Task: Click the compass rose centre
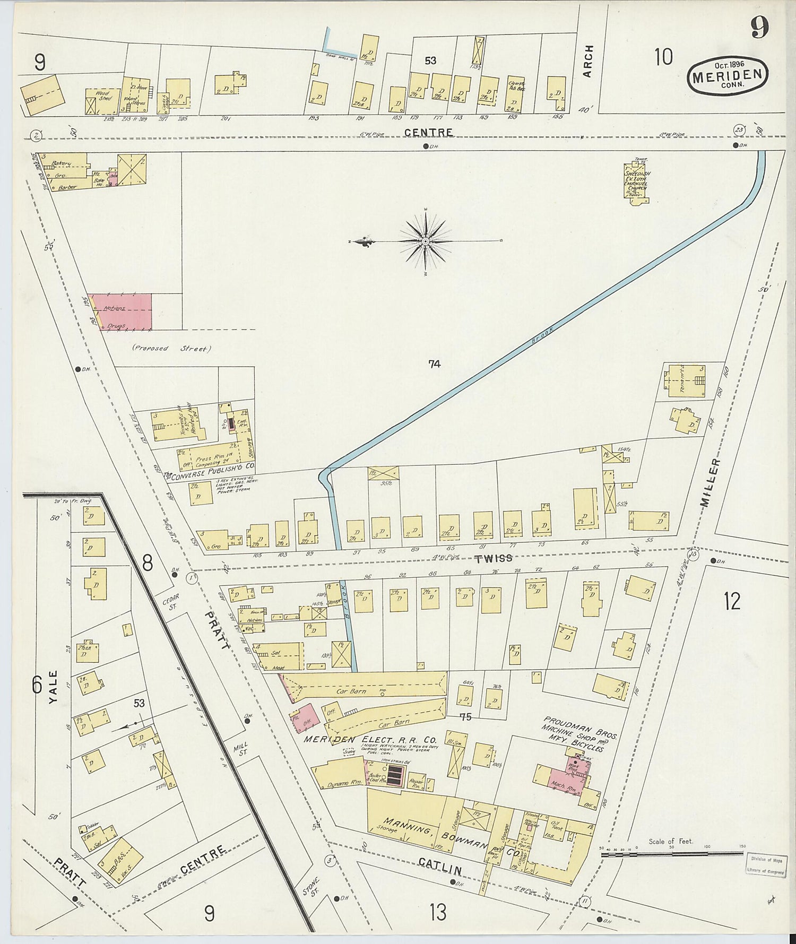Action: tap(425, 241)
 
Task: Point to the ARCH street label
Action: tap(588, 61)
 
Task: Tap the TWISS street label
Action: tap(494, 558)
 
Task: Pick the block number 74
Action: tap(434, 364)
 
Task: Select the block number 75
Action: tap(465, 716)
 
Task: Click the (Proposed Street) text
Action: tap(171, 349)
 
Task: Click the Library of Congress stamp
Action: tap(766, 865)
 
